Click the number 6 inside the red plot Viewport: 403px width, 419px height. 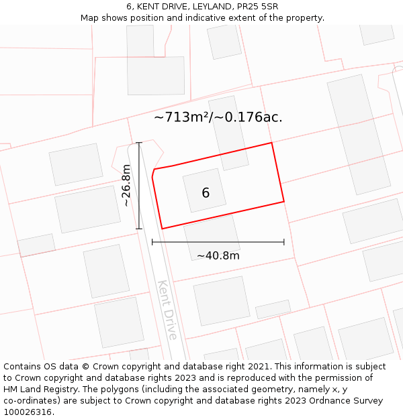coord(206,193)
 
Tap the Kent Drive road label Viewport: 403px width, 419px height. coord(167,310)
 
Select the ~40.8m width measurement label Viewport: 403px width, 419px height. coord(218,255)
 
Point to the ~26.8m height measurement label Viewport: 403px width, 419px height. coord(126,186)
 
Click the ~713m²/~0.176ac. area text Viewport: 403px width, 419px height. coord(218,117)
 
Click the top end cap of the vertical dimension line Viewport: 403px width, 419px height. coord(139,143)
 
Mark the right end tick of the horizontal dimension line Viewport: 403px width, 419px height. coord(284,242)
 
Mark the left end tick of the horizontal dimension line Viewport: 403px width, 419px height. coord(152,242)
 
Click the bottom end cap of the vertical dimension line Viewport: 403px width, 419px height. coord(139,229)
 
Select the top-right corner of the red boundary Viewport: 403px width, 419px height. coord(271,143)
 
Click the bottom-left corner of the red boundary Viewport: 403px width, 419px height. coord(162,229)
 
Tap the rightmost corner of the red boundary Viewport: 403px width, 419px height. coord(284,200)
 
